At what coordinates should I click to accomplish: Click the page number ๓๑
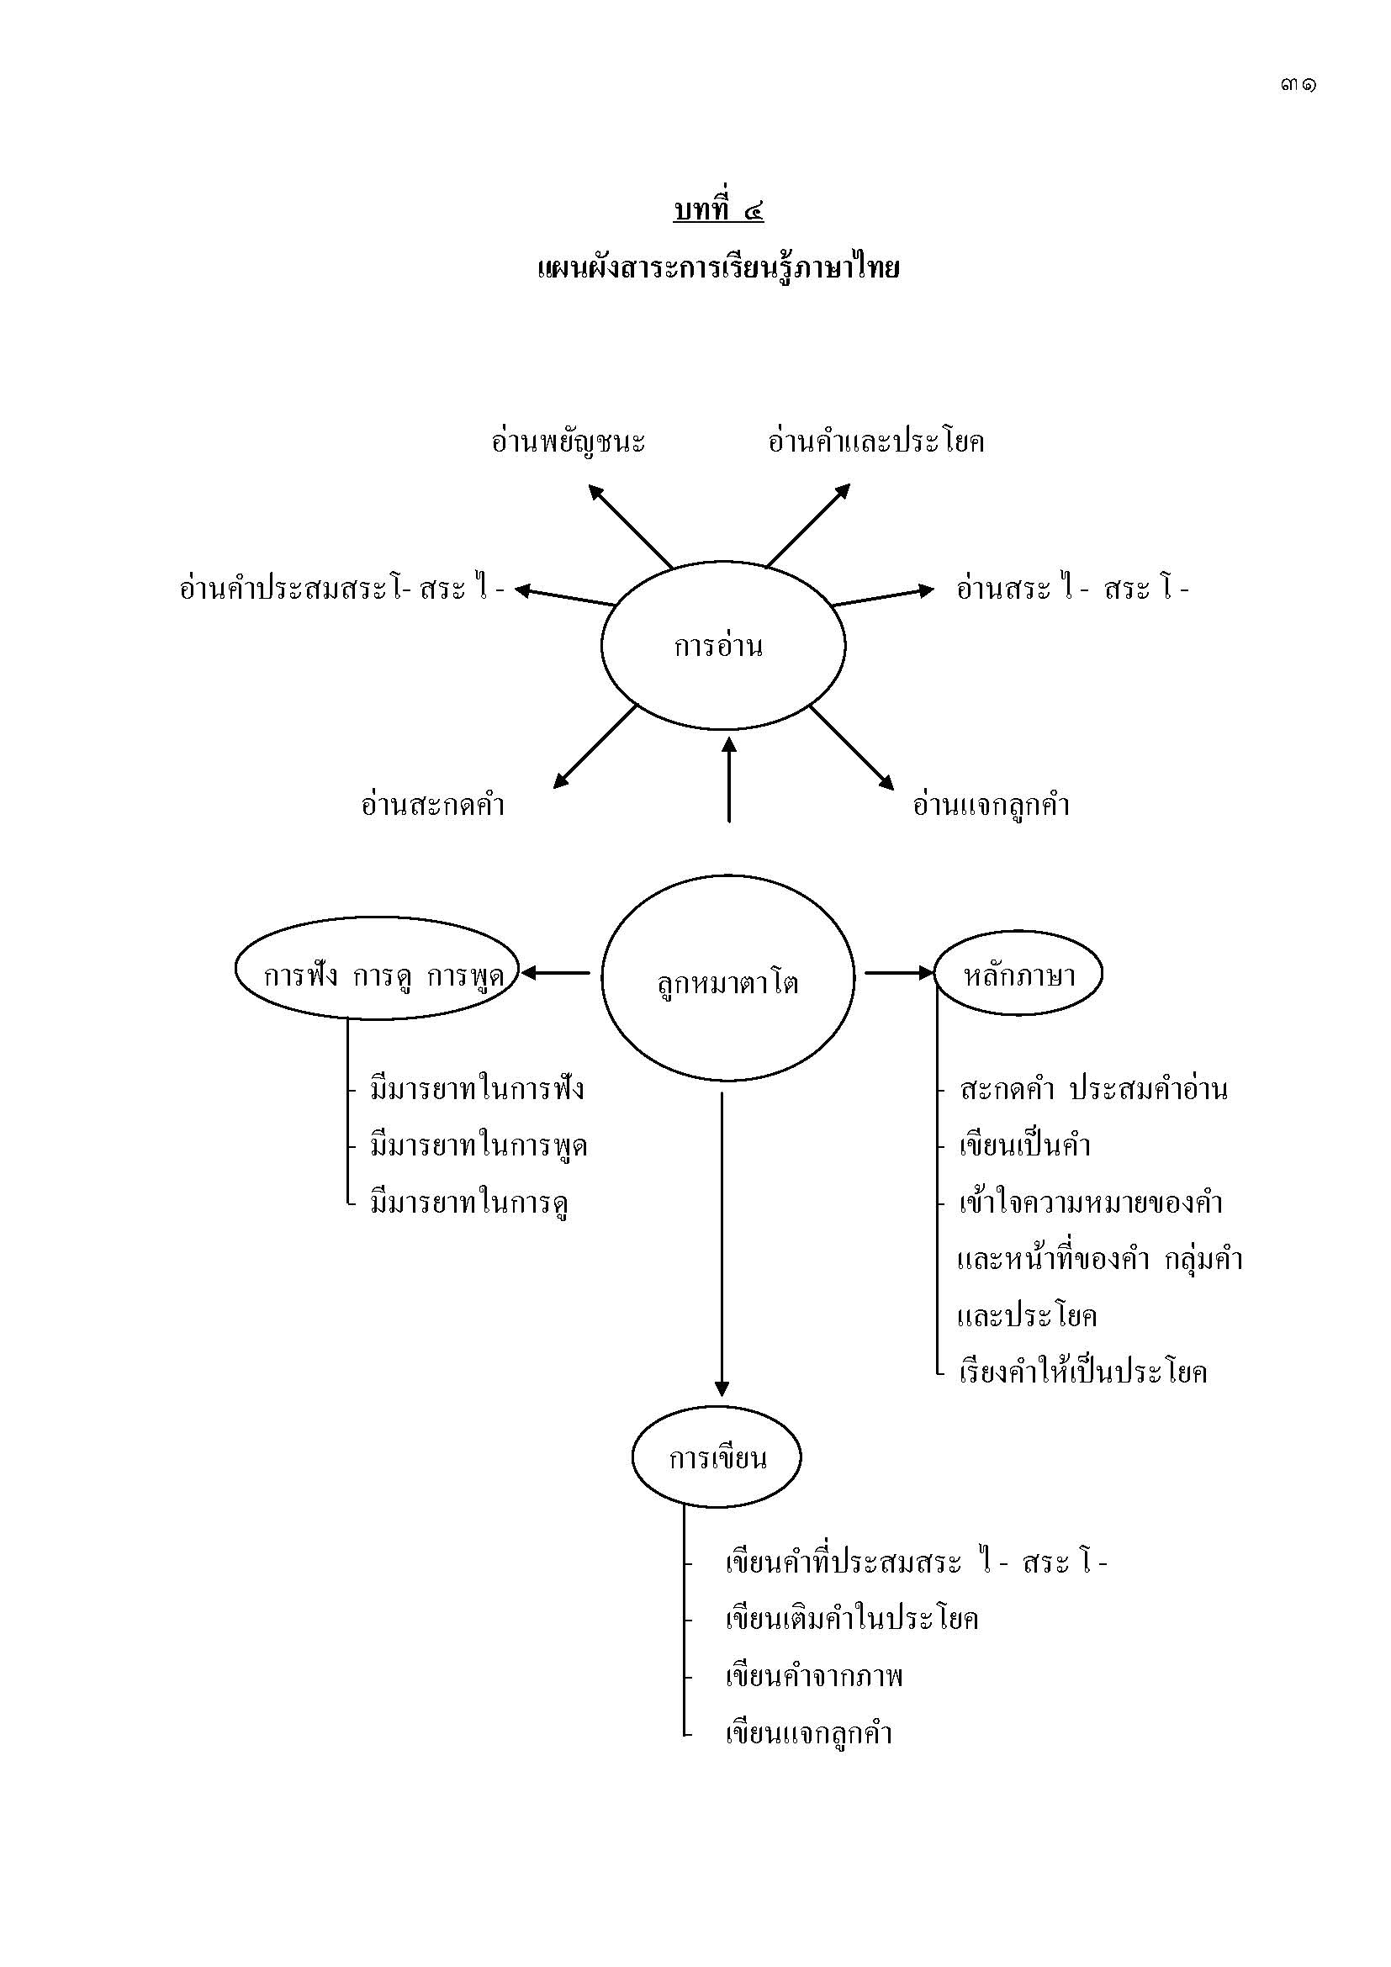[x=1298, y=85]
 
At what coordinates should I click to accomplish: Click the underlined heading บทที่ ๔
[x=717, y=210]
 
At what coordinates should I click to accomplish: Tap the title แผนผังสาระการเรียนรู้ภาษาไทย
[x=717, y=269]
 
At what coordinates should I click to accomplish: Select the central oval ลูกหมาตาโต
[x=727, y=980]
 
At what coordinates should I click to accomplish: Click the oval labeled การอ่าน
[x=723, y=645]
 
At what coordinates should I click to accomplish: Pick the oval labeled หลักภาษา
[x=1018, y=974]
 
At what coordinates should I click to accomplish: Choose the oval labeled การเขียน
[x=716, y=1457]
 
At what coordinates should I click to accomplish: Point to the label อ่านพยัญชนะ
[x=568, y=442]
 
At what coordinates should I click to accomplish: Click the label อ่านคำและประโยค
[x=875, y=442]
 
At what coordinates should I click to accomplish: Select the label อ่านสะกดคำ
[x=432, y=806]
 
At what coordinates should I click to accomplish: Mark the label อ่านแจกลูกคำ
[x=991, y=806]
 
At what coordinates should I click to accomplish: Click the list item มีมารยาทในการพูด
[x=478, y=1145]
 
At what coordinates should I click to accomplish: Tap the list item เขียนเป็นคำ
[x=1024, y=1145]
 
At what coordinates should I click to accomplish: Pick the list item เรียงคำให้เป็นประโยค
[x=1082, y=1372]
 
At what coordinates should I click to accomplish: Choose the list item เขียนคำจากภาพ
[x=814, y=1676]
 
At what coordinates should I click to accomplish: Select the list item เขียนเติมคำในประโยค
[x=851, y=1618]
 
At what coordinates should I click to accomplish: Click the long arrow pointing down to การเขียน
[x=722, y=1242]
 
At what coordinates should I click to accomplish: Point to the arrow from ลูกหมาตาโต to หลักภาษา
[x=897, y=972]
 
